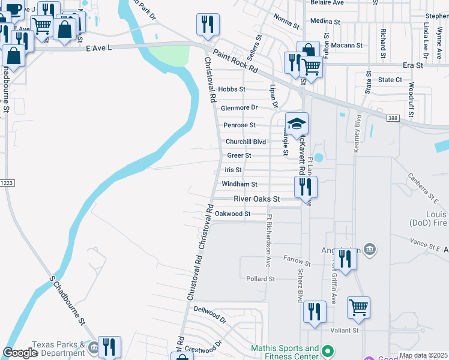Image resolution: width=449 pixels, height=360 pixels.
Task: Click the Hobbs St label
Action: click(x=232, y=89)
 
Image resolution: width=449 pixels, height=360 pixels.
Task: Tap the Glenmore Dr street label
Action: click(x=239, y=108)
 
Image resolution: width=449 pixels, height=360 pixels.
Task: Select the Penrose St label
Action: click(x=240, y=125)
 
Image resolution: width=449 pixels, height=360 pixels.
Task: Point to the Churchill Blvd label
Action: click(x=246, y=142)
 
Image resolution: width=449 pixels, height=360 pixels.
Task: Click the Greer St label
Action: click(x=239, y=155)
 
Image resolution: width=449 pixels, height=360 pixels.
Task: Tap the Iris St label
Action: click(x=233, y=170)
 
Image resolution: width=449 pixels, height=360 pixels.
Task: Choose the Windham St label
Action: click(x=240, y=184)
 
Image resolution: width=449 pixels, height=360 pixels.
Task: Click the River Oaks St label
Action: click(x=257, y=199)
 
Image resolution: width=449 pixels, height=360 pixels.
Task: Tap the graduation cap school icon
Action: click(x=297, y=124)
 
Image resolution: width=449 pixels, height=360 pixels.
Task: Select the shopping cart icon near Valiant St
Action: click(x=358, y=307)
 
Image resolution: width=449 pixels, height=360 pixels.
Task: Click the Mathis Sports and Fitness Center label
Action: click(x=285, y=352)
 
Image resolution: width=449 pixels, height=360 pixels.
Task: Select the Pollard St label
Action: click(x=261, y=279)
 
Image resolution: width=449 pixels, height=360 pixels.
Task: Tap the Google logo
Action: click(x=20, y=353)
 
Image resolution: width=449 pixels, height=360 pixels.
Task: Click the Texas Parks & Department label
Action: click(x=58, y=349)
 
